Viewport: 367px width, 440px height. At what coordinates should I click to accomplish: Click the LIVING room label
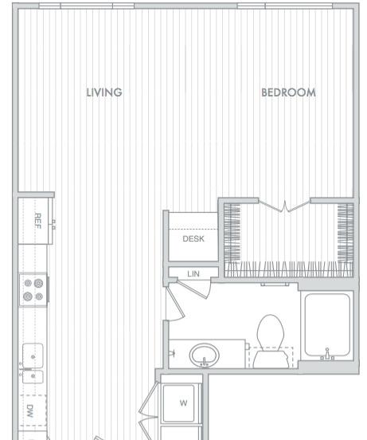(104, 92)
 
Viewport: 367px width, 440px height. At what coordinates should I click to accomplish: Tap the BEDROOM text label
(288, 92)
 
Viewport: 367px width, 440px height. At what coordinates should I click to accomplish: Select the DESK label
(193, 239)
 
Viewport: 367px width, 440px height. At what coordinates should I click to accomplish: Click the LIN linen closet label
(193, 273)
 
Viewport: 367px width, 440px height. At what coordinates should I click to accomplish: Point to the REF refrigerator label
(38, 221)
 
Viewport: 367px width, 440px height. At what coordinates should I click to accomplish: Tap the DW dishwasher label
(30, 411)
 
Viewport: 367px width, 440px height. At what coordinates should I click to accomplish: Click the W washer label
(183, 403)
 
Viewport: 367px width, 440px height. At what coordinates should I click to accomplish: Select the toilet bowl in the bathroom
(271, 333)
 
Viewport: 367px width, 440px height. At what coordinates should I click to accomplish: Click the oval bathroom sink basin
(204, 355)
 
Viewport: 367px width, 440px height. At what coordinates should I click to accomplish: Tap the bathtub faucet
(327, 355)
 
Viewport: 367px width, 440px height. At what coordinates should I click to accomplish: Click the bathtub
(327, 325)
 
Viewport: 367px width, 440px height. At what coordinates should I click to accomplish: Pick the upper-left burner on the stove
(28, 283)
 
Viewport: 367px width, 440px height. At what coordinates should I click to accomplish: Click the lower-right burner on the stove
(39, 296)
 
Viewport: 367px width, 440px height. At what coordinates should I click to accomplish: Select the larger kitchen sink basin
(33, 356)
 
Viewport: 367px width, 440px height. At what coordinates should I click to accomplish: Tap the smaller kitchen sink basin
(33, 376)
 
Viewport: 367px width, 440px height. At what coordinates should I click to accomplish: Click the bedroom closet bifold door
(285, 206)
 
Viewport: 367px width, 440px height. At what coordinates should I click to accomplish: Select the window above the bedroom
(285, 6)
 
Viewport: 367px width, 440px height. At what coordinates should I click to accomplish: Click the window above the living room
(87, 6)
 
